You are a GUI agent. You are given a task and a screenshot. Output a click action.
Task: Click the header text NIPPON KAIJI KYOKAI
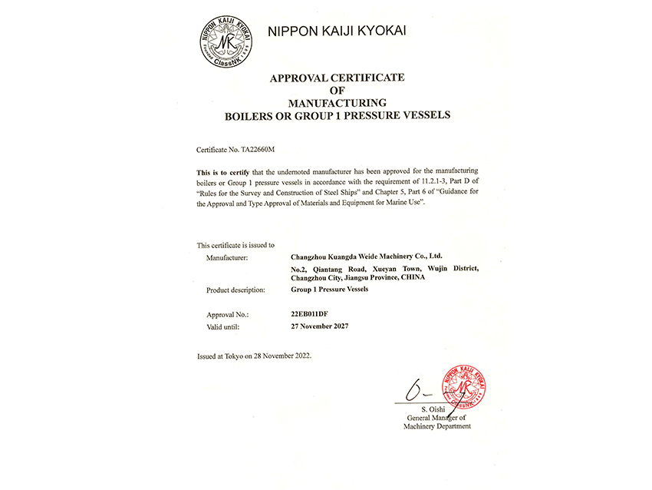point(337,31)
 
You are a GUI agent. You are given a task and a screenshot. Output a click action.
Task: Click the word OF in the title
point(337,90)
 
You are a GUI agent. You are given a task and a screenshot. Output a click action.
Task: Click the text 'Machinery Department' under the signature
point(437,426)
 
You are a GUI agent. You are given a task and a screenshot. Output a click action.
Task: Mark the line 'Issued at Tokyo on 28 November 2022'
point(255,356)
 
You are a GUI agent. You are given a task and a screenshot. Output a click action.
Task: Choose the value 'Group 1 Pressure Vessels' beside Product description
point(330,290)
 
